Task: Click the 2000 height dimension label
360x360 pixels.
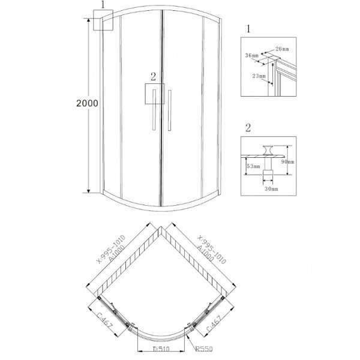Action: point(88,103)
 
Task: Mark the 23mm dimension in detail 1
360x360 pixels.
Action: point(260,76)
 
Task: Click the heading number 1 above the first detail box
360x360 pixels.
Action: point(248,29)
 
